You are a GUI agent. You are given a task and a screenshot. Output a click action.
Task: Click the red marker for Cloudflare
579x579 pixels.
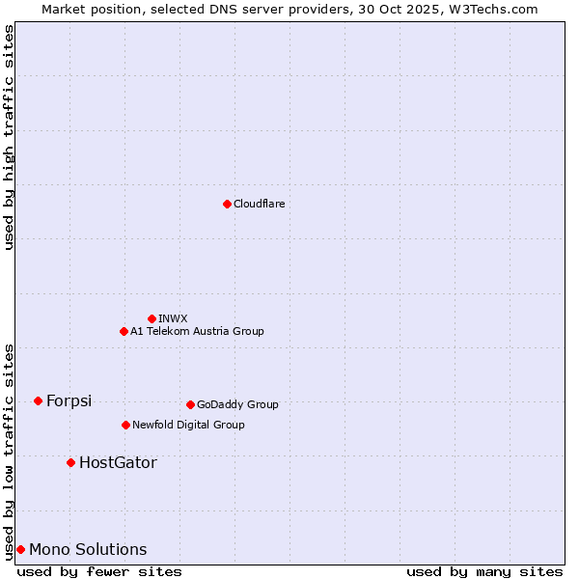point(227,204)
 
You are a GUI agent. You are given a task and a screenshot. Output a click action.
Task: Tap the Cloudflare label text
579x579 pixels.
point(259,204)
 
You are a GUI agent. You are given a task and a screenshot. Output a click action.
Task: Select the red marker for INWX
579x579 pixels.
point(152,318)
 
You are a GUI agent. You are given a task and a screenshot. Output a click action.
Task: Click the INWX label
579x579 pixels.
point(173,318)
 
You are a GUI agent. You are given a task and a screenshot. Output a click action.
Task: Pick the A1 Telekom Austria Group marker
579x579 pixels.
point(124,331)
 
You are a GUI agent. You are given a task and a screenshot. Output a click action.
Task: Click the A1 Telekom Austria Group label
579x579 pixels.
point(197,331)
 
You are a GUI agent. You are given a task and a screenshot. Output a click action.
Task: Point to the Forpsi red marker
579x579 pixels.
point(38,400)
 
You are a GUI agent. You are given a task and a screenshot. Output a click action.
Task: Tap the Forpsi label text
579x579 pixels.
point(69,400)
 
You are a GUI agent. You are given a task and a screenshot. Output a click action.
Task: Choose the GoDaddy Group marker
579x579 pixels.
point(190,404)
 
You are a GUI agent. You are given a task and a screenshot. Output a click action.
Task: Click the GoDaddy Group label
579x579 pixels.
point(237,404)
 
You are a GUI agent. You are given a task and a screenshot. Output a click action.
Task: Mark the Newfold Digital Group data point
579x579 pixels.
point(125,425)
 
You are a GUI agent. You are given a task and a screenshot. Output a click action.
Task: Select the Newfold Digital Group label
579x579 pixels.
point(188,425)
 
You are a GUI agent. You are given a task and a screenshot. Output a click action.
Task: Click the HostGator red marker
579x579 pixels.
point(70,462)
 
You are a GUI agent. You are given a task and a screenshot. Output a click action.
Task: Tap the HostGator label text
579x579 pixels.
point(118,462)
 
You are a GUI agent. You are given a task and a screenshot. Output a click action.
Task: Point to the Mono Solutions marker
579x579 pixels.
point(20,549)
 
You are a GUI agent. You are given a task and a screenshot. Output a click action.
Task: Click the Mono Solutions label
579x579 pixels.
point(88,549)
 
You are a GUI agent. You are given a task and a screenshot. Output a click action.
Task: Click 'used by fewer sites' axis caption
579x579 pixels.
point(99,571)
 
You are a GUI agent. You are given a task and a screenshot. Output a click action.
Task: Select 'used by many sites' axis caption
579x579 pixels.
point(484,571)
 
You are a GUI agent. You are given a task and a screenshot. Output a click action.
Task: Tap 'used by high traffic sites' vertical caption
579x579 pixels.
point(9,137)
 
